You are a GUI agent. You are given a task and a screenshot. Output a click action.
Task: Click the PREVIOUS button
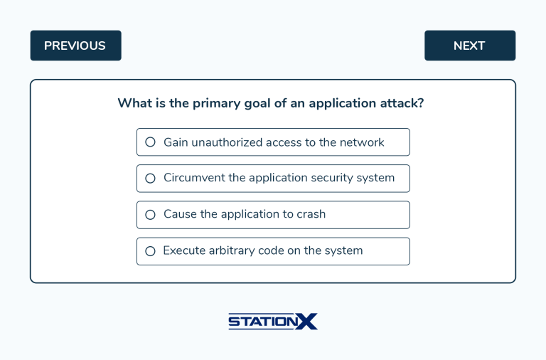pyautogui.click(x=75, y=46)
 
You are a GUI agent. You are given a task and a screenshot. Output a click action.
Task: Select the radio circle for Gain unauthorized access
pyautogui.click(x=150, y=142)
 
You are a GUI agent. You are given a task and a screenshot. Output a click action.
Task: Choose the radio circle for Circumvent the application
pyautogui.click(x=150, y=179)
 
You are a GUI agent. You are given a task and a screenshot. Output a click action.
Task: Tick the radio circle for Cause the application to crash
pyautogui.click(x=150, y=215)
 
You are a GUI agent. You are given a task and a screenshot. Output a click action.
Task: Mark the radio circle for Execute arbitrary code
pyautogui.click(x=150, y=251)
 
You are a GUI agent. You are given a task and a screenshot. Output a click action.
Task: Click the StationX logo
pyautogui.click(x=273, y=322)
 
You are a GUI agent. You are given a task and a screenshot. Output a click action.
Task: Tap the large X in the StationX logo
pyautogui.click(x=307, y=322)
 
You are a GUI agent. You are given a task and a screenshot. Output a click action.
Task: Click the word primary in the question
pyautogui.click(x=216, y=103)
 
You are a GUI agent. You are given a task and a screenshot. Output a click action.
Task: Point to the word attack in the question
pyautogui.click(x=401, y=103)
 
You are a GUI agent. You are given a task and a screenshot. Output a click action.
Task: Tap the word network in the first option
pyautogui.click(x=362, y=142)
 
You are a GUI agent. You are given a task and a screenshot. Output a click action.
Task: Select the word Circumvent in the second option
pyautogui.click(x=194, y=178)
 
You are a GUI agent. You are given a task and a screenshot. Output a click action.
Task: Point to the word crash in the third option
pyautogui.click(x=309, y=214)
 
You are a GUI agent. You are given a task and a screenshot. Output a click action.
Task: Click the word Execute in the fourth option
pyautogui.click(x=183, y=250)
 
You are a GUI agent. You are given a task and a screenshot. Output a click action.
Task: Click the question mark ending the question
pyautogui.click(x=421, y=103)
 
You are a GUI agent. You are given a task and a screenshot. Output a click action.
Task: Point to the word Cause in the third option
pyautogui.click(x=180, y=214)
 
